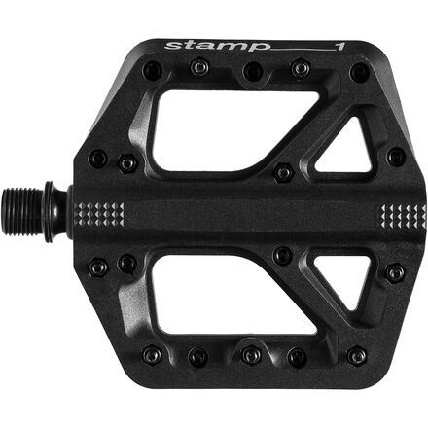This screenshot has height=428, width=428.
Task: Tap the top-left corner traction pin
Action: pos(151,70)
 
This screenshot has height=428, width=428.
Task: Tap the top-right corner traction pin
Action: pos(361,71)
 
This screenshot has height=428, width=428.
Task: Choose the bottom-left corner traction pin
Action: pos(151,354)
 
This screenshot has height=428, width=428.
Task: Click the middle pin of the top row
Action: pos(253,70)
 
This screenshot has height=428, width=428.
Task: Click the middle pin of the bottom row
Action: pos(252,355)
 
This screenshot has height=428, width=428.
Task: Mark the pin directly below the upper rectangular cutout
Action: pos(283,171)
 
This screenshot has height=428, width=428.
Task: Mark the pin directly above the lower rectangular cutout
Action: pos(283,255)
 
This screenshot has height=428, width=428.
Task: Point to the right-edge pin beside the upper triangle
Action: pos(395,156)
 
